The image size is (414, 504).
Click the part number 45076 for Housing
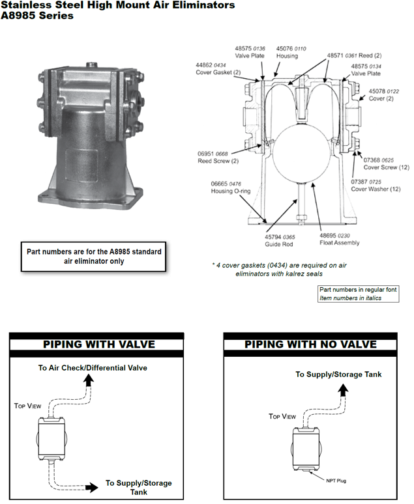point(284,48)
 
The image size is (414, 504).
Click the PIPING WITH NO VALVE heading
point(310,344)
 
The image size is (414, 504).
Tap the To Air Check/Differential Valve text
point(92,368)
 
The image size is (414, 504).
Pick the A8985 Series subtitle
point(37,16)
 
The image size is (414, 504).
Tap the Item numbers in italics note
point(350,298)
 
